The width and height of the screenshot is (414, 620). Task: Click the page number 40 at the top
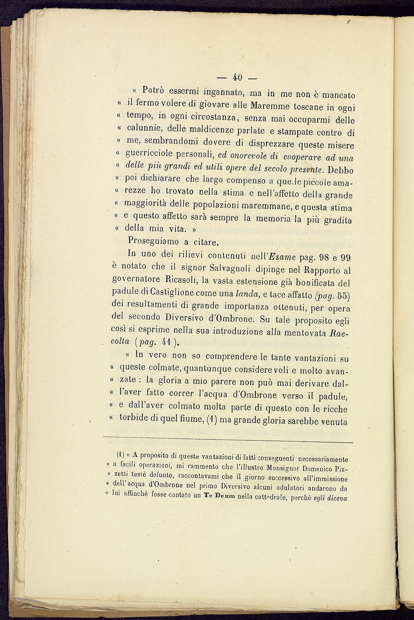click(237, 77)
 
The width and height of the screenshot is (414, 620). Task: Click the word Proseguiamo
click(153, 240)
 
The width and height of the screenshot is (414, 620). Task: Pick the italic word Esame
click(283, 257)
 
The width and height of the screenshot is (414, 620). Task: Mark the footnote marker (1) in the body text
click(210, 420)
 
